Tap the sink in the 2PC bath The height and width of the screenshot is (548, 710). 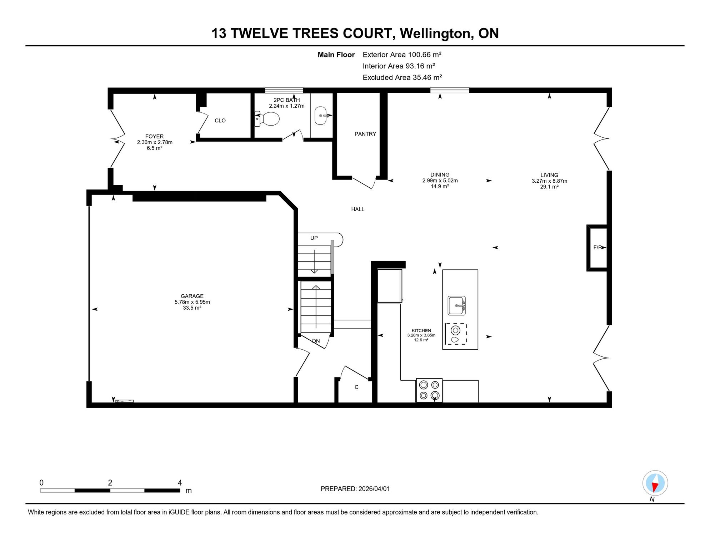(x=321, y=116)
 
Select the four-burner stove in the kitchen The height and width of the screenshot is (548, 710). (x=429, y=390)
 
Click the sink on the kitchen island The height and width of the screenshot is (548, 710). (x=457, y=306)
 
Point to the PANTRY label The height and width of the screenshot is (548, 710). (x=365, y=134)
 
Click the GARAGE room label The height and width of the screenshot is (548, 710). (x=192, y=296)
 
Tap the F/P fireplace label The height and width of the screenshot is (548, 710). (x=598, y=247)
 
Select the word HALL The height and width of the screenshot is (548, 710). (x=358, y=209)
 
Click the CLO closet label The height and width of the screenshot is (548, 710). (x=220, y=121)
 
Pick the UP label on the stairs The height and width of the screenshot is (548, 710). (x=314, y=238)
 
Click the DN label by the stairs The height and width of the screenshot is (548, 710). (x=316, y=341)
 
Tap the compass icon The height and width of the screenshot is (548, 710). (x=655, y=483)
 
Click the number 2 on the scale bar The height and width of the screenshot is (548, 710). (x=110, y=483)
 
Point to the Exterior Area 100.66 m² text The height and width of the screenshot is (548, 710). (x=402, y=55)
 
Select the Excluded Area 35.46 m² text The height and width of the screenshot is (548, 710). (x=402, y=77)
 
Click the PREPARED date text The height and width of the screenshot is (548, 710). (x=355, y=489)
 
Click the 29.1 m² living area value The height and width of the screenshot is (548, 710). (x=549, y=187)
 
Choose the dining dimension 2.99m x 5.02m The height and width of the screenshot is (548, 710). (x=440, y=181)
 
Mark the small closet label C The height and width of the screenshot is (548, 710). (x=356, y=387)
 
